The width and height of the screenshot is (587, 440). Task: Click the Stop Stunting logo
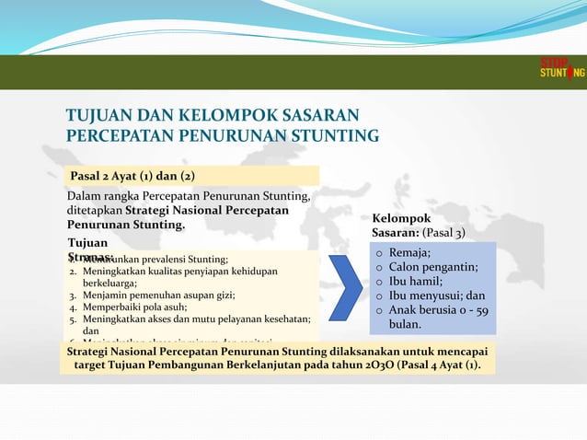pyautogui.click(x=560, y=69)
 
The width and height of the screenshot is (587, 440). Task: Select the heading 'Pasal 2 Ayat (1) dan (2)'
pyautogui.click(x=132, y=176)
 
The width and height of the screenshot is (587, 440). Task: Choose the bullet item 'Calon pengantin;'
pyautogui.click(x=432, y=267)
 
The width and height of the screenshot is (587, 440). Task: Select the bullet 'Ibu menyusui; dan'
pyautogui.click(x=436, y=296)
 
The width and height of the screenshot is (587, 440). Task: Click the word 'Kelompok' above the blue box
pyautogui.click(x=401, y=218)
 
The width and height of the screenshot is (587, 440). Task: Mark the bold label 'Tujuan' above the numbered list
pyautogui.click(x=87, y=242)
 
